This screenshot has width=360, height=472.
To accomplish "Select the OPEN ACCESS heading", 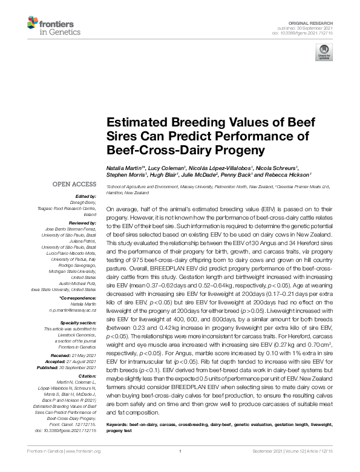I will point(74,183).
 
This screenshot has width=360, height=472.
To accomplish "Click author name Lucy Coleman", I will point(166,167).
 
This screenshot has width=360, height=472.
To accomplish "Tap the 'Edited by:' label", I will point(86,197).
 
